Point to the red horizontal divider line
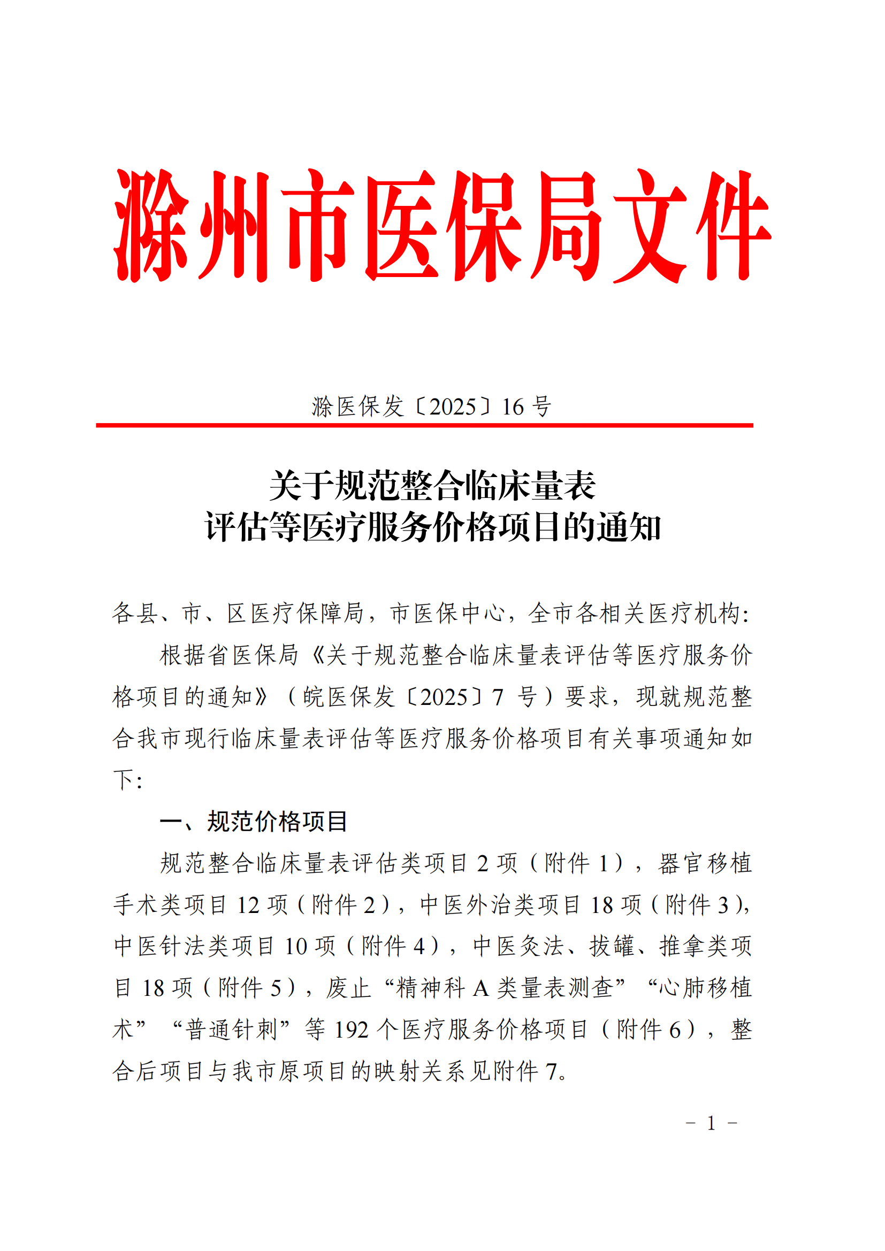[x=424, y=425]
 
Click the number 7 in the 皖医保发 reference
[x=498, y=697]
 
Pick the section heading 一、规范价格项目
[x=254, y=821]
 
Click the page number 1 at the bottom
[x=711, y=1124]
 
